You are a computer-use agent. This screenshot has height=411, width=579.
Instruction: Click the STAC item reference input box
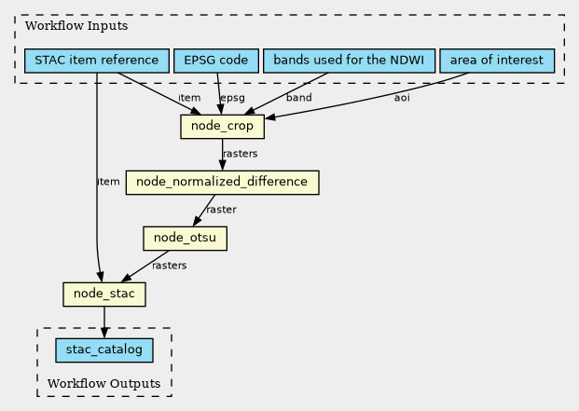(x=96, y=62)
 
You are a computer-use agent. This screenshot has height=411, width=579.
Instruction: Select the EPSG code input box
(x=216, y=62)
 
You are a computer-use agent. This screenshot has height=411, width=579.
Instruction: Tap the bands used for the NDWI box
(x=349, y=62)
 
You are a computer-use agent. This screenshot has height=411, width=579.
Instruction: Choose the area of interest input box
(x=496, y=62)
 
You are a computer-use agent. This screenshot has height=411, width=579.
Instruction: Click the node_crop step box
(x=222, y=126)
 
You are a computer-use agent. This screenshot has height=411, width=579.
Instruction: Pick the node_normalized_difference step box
(x=222, y=182)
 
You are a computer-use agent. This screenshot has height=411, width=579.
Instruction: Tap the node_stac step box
(x=103, y=295)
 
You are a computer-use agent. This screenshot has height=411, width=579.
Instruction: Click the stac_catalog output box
(x=103, y=350)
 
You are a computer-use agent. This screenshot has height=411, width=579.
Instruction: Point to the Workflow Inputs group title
(x=63, y=25)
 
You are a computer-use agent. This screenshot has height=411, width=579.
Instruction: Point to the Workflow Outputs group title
(x=103, y=384)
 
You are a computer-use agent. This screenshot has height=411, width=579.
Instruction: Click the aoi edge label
(x=402, y=97)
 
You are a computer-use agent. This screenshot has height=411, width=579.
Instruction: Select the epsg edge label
(x=232, y=97)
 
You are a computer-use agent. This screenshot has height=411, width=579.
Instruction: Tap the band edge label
(x=299, y=97)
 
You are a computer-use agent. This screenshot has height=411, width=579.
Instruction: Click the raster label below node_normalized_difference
(x=221, y=210)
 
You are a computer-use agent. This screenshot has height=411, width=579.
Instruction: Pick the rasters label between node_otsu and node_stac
(x=169, y=266)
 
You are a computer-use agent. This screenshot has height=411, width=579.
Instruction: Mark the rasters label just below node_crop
(x=241, y=154)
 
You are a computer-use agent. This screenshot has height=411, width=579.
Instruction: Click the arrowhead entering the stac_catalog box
(x=103, y=333)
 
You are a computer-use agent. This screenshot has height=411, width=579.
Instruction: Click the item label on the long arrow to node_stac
(x=108, y=182)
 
